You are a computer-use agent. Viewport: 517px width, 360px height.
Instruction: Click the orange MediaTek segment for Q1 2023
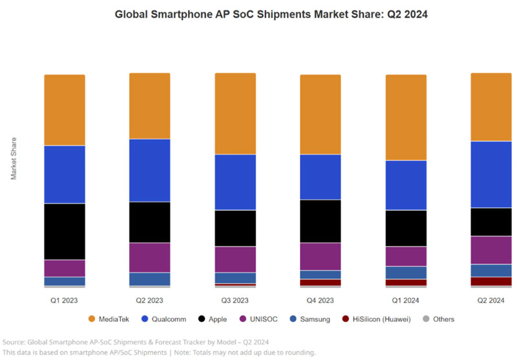[x=65, y=110]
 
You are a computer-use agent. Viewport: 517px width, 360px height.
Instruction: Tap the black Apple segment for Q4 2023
[x=321, y=221]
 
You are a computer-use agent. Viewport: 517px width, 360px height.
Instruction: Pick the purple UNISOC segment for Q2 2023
[x=150, y=257]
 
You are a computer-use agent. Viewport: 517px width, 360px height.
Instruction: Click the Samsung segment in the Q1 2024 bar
[x=406, y=272]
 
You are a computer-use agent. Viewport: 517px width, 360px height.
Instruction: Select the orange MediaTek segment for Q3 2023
[x=235, y=114]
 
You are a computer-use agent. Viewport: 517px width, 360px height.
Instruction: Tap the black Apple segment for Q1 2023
[x=65, y=231]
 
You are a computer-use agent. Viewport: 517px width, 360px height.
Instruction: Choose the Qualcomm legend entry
[x=175, y=319]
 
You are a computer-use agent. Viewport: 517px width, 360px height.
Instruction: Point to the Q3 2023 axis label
[x=235, y=301]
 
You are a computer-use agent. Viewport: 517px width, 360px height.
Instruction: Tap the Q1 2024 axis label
[x=406, y=301]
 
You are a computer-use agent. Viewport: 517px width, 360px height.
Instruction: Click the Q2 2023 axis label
[x=150, y=301]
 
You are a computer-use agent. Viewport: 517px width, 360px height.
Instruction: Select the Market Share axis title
[x=14, y=158]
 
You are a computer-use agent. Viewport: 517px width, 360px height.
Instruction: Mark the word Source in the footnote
[x=14, y=341]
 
